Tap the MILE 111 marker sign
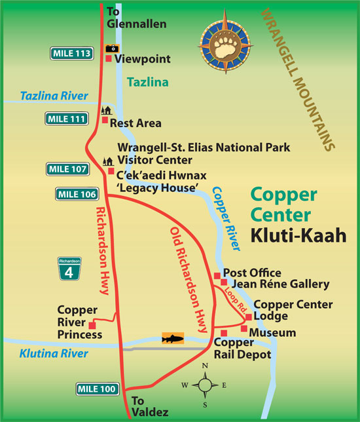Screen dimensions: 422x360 click(66, 119)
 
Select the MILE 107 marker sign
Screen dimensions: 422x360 click(68, 169)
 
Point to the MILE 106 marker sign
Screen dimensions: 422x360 click(77, 193)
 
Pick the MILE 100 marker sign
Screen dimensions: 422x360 click(98, 390)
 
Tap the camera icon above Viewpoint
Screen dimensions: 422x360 click(111, 48)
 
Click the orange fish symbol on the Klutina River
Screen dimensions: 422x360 click(173, 338)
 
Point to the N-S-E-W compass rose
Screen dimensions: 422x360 click(206, 385)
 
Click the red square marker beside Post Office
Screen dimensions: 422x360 click(217, 275)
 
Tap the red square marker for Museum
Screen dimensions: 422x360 click(244, 328)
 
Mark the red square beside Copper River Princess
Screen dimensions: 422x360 click(92, 324)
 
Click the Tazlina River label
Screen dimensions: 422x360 click(54, 96)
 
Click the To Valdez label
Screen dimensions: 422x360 click(150, 406)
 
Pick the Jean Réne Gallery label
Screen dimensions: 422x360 click(275, 284)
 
